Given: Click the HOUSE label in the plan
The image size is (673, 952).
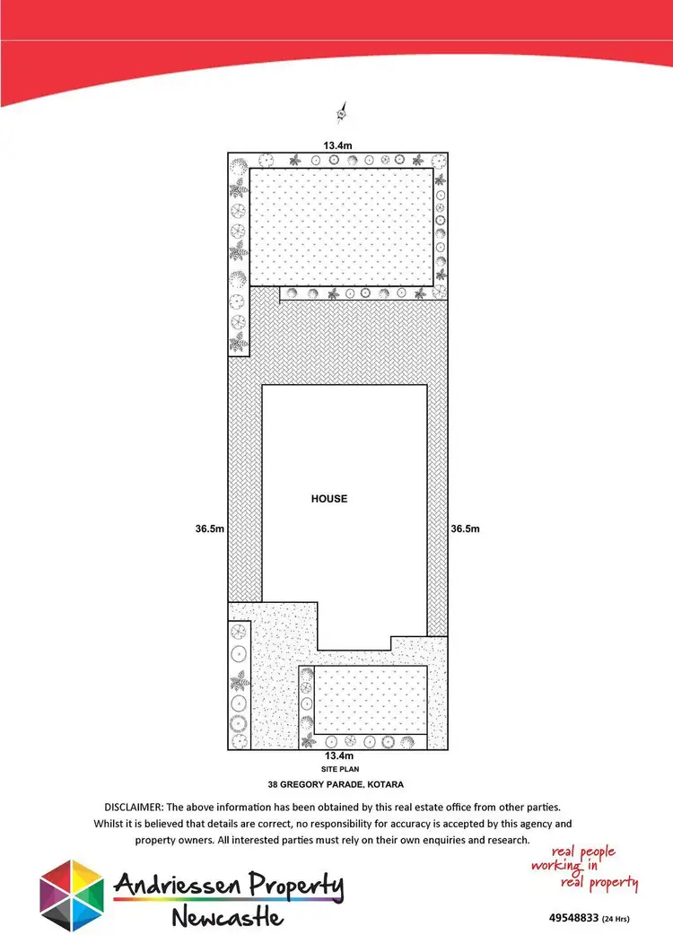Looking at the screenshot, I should point(328,499).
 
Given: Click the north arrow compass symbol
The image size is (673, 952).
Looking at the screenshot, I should point(341,112).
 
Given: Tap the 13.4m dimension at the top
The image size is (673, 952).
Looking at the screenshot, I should point(336,144).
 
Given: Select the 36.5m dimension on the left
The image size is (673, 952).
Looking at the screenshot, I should point(208,529).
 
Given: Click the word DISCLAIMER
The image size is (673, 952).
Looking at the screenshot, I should point(139,808).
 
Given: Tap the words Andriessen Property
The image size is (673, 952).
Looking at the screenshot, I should point(228,886).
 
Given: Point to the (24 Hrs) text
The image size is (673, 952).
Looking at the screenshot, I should point(620,920).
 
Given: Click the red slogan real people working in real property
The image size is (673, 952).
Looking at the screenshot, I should point(583,867).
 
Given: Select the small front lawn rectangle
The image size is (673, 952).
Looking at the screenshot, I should point(370,699).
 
